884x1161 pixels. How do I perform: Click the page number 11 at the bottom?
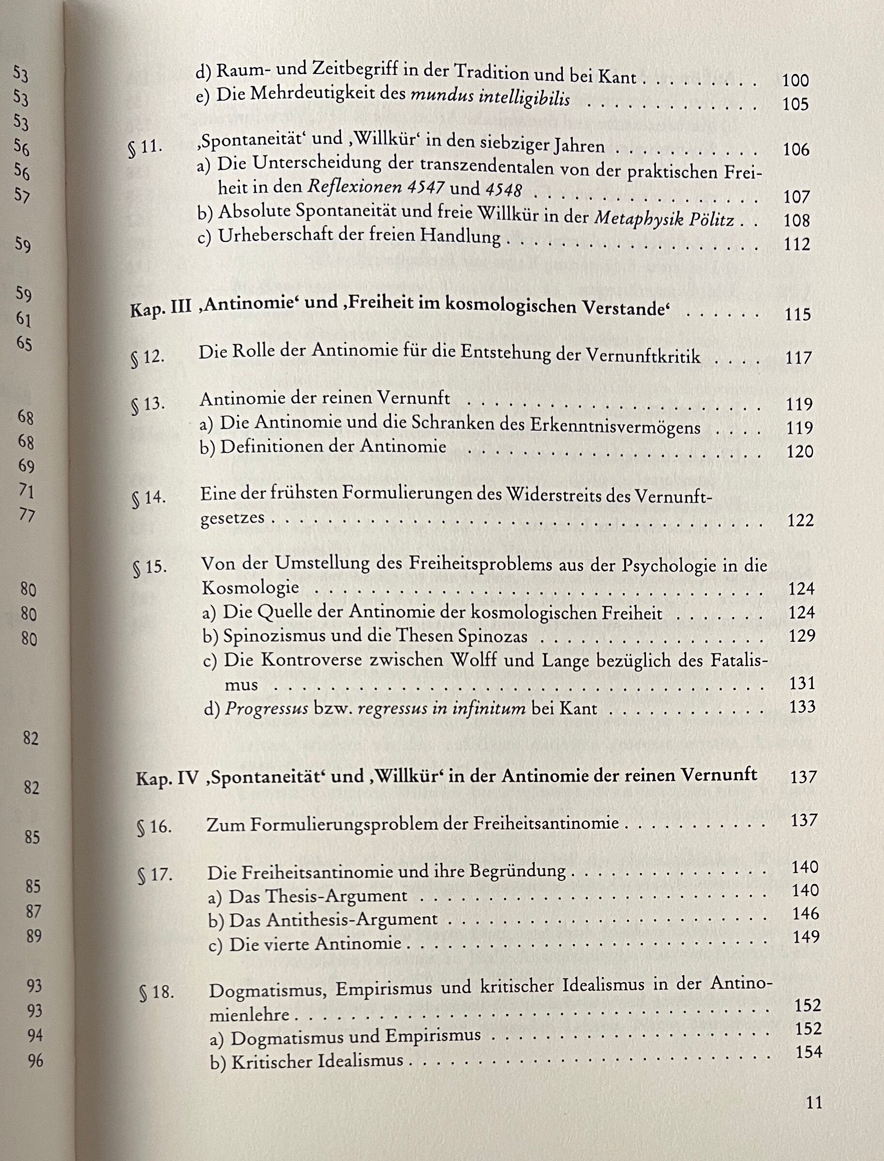(x=813, y=1101)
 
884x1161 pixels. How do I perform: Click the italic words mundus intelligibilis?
(x=490, y=98)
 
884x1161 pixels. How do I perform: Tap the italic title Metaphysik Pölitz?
(x=663, y=218)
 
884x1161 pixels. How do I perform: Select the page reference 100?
(x=795, y=80)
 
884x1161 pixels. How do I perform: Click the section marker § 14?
(x=149, y=498)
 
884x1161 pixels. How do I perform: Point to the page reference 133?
(x=802, y=706)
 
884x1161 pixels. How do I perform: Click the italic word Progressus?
(x=266, y=709)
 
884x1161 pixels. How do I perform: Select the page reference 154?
(x=808, y=1052)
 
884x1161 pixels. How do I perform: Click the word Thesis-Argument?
(x=318, y=896)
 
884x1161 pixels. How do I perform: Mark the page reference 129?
(x=801, y=636)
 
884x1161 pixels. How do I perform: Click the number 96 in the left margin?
(x=35, y=1060)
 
